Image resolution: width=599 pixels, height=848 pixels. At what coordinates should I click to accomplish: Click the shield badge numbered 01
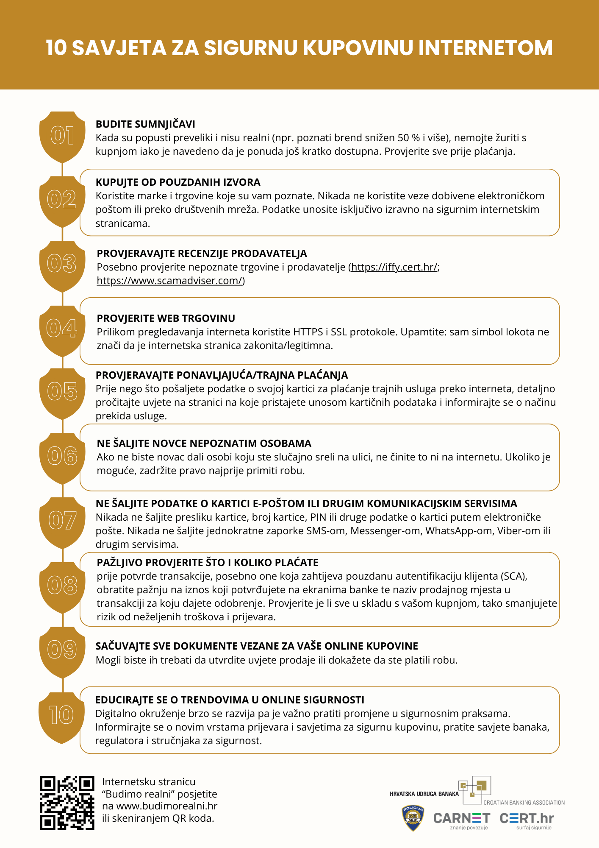click(62, 136)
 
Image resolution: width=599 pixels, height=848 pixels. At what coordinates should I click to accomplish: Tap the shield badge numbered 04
click(62, 329)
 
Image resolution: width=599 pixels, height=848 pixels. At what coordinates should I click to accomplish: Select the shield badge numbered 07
click(62, 521)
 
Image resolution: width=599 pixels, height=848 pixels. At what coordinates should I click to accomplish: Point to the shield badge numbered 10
click(62, 715)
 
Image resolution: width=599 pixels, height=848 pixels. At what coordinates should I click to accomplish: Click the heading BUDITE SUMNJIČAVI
click(145, 124)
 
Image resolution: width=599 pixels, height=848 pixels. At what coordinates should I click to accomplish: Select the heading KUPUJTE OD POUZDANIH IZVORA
click(178, 182)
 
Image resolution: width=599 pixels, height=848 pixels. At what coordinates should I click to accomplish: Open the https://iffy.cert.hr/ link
click(394, 267)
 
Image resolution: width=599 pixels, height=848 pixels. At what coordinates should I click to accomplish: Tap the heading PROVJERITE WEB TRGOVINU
click(166, 318)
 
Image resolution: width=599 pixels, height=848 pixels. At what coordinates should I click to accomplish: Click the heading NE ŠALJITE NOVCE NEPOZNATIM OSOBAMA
click(204, 444)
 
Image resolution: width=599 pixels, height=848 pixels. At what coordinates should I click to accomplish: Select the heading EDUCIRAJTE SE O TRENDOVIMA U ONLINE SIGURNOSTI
click(230, 700)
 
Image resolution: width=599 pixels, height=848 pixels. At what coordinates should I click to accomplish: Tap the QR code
click(67, 803)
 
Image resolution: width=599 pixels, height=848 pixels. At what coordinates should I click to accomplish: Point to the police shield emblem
click(413, 818)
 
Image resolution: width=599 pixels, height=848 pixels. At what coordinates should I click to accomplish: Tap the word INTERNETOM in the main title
click(485, 47)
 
